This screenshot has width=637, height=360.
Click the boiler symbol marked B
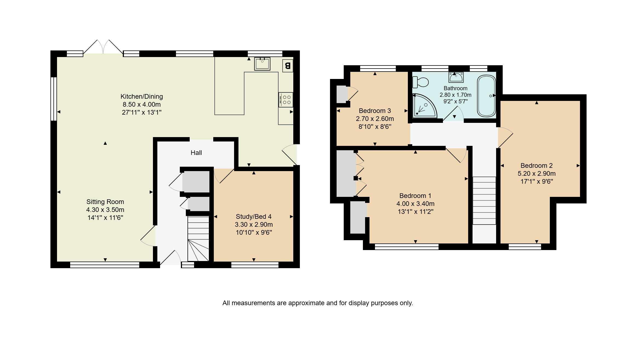(288, 66)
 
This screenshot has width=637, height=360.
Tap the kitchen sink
(262, 64)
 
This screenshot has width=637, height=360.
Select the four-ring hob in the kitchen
(286, 100)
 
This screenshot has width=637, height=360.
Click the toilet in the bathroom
(421, 82)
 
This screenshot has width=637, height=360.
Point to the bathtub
(487, 96)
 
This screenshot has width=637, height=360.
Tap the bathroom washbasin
(456, 77)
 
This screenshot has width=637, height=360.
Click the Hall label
(196, 153)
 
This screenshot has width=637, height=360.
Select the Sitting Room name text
(105, 202)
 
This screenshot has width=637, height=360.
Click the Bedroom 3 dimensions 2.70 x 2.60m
(375, 119)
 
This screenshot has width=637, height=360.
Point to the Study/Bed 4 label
(254, 217)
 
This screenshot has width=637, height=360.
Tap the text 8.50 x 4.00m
(142, 104)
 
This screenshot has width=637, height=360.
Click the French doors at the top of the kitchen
(103, 47)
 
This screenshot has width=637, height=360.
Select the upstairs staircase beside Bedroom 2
(484, 201)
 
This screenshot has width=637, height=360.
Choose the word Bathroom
(456, 88)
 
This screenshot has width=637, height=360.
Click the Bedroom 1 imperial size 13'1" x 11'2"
(416, 212)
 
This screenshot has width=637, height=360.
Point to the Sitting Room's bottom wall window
(105, 265)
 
